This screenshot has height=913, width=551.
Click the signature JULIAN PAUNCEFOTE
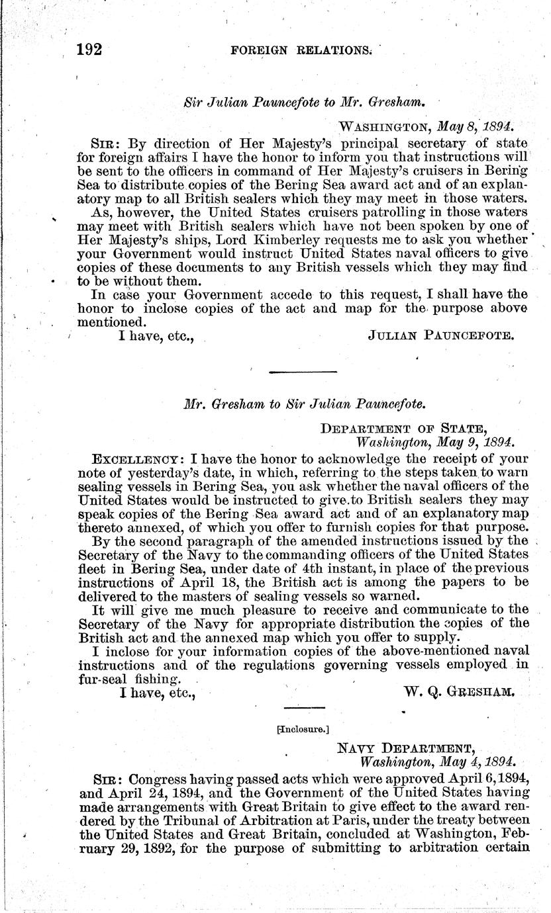coord(440,335)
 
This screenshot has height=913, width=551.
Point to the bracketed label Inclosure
coord(305,730)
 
